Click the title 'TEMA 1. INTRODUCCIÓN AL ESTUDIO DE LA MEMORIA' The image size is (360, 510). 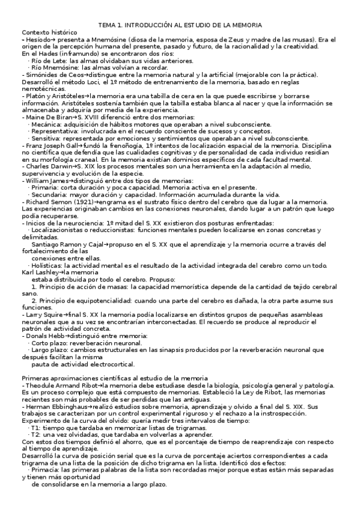pos(180,25)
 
